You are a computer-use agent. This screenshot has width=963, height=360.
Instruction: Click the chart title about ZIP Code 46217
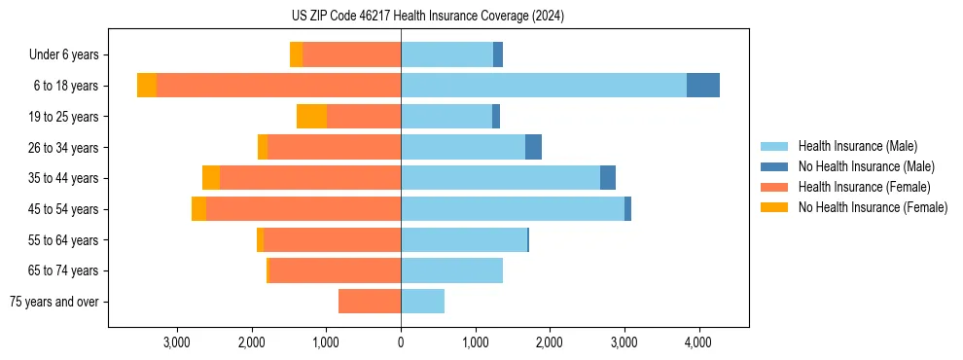(x=427, y=17)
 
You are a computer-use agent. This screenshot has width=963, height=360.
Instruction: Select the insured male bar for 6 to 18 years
(x=544, y=86)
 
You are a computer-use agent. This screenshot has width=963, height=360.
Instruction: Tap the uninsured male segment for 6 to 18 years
(x=703, y=86)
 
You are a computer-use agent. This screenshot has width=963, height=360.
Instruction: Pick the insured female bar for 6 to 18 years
(x=278, y=86)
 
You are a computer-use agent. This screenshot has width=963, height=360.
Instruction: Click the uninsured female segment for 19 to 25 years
(x=311, y=117)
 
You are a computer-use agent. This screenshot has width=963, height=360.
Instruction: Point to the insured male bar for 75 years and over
(x=422, y=302)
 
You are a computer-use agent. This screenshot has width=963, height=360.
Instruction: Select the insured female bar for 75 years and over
(x=370, y=302)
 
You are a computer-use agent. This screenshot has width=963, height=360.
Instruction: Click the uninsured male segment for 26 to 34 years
(x=533, y=147)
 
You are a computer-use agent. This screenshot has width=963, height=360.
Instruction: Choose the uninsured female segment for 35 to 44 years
(x=211, y=178)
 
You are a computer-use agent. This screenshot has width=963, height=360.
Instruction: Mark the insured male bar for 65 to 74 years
(x=451, y=270)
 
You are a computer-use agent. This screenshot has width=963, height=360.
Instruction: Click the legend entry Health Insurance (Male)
(x=857, y=146)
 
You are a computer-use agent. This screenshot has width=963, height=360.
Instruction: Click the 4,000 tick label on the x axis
(x=698, y=342)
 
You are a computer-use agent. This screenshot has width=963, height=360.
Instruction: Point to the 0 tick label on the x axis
(x=401, y=342)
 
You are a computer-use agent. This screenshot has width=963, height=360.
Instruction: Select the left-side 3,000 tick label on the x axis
(x=177, y=342)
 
